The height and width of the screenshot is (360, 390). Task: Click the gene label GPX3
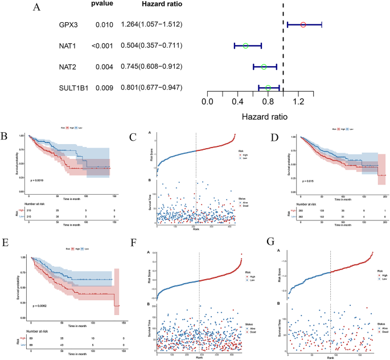point(68,25)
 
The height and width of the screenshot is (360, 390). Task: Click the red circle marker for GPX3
point(303,24)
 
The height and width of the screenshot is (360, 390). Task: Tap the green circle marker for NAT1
point(245,46)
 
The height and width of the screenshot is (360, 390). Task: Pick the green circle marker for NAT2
point(264,67)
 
